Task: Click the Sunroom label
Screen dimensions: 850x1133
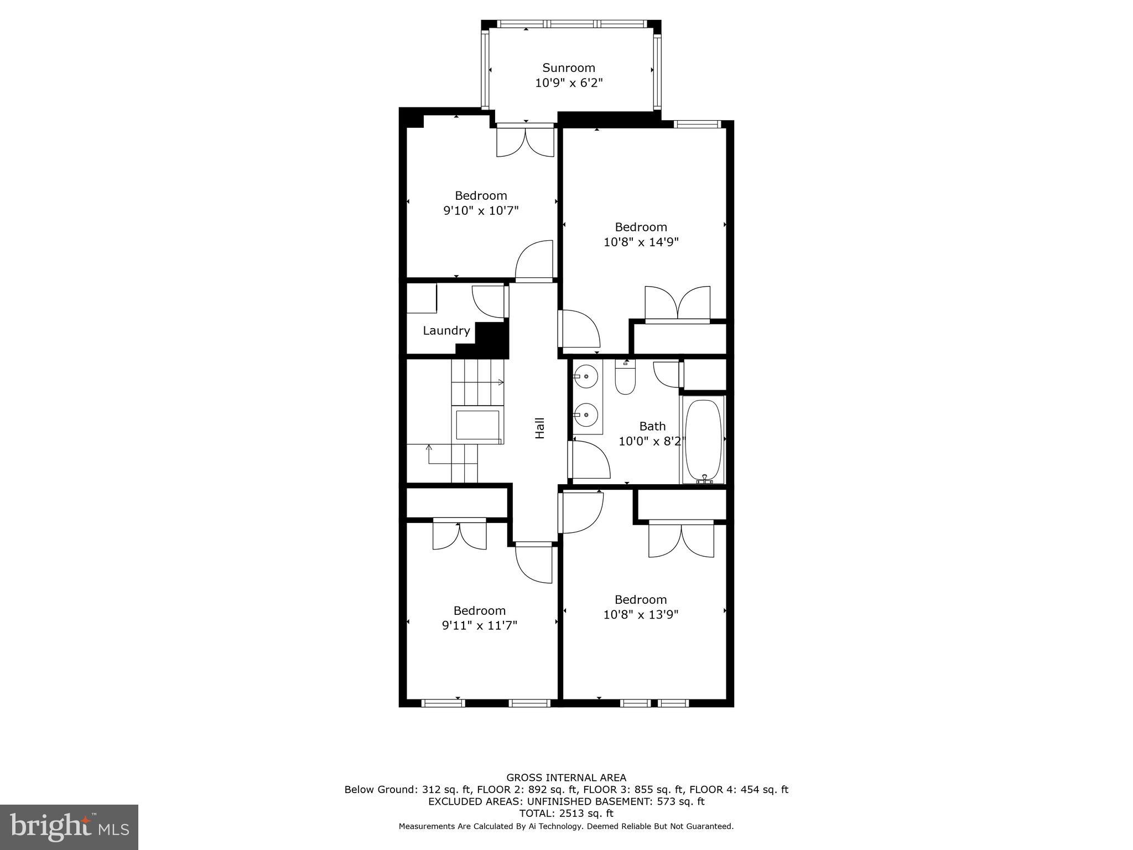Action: (x=568, y=68)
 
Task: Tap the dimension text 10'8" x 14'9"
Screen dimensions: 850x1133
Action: (x=641, y=242)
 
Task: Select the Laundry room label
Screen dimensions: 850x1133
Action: (x=446, y=330)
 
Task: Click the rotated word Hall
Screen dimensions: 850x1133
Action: (x=540, y=428)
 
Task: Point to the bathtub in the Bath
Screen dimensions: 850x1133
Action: (x=703, y=440)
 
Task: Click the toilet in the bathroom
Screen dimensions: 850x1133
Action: (x=625, y=378)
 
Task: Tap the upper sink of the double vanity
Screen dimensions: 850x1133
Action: (x=585, y=377)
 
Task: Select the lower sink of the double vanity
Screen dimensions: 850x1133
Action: (x=585, y=414)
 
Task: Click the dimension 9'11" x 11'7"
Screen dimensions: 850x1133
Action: (x=479, y=625)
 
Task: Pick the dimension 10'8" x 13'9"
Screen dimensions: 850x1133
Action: (x=641, y=614)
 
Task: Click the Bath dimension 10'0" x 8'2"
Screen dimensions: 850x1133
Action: (x=652, y=441)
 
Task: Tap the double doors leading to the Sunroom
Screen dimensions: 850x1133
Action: (x=525, y=141)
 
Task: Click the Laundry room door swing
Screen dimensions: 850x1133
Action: (x=489, y=302)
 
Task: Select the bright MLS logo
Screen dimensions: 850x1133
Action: (x=69, y=827)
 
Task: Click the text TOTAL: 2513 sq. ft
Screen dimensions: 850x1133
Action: (x=566, y=813)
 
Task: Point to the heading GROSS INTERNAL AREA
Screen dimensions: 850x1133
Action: (x=566, y=778)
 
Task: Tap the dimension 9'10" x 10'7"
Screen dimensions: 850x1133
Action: (x=481, y=210)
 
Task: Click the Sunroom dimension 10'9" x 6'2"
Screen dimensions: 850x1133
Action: (x=568, y=83)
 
